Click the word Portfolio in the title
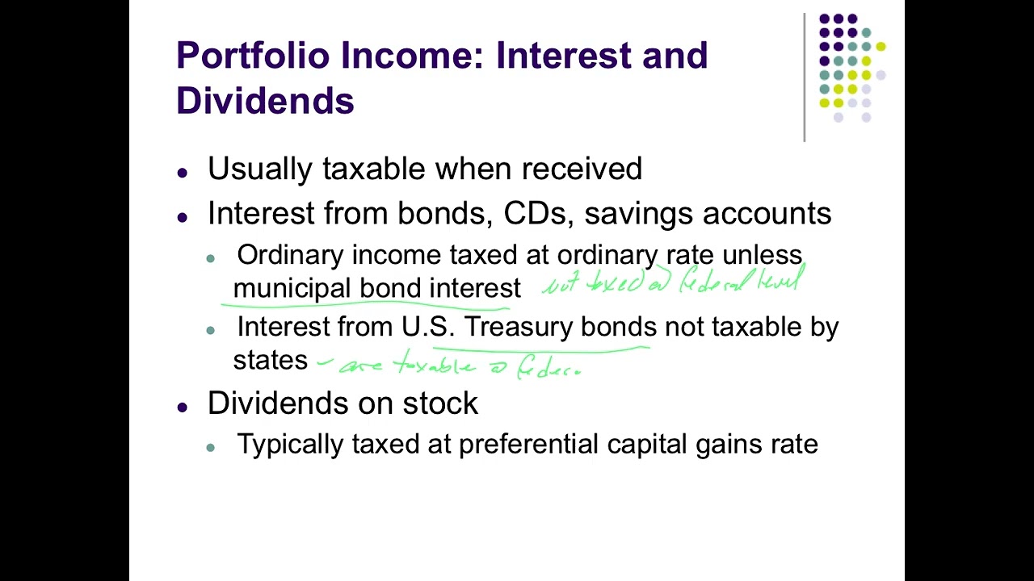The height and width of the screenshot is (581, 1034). (253, 56)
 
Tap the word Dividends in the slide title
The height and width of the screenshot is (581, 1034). (265, 101)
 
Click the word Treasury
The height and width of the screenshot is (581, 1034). (519, 327)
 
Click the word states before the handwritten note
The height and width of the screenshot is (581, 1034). (270, 360)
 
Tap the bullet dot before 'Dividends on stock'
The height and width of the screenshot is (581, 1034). (183, 407)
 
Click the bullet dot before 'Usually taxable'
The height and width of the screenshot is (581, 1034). (183, 173)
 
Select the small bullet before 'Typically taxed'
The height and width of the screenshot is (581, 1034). (211, 447)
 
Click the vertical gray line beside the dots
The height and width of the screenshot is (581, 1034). (804, 77)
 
